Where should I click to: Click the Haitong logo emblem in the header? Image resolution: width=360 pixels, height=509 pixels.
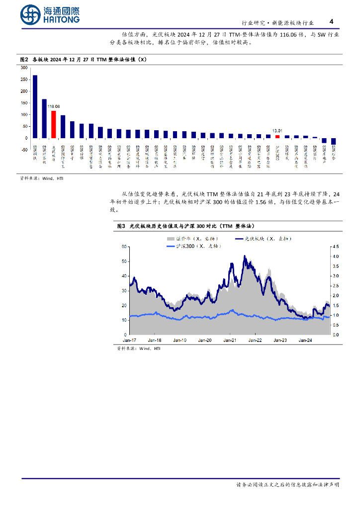coord(31,15)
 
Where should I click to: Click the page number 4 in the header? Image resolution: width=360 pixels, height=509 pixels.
coord(332,21)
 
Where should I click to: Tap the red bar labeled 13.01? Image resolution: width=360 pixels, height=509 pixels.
coord(277,136)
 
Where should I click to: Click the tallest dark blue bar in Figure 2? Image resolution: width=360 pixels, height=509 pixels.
coord(35,106)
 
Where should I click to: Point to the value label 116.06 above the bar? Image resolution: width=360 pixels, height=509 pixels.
coord(53,106)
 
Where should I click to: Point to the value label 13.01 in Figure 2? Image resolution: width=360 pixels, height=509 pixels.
coord(277,131)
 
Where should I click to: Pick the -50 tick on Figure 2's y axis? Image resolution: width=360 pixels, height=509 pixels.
coord(24,149)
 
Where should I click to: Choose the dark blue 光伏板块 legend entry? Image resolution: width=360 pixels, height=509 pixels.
coord(261,239)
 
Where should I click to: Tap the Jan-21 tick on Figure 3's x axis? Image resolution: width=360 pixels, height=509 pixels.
coord(229,340)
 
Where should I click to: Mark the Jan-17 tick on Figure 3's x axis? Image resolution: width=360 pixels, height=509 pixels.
coord(130,340)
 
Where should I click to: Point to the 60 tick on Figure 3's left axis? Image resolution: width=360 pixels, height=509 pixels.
coord(124,247)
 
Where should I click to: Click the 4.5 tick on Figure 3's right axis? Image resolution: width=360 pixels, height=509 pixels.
coord(336,247)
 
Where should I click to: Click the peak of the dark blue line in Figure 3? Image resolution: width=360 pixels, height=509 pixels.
coord(244,256)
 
